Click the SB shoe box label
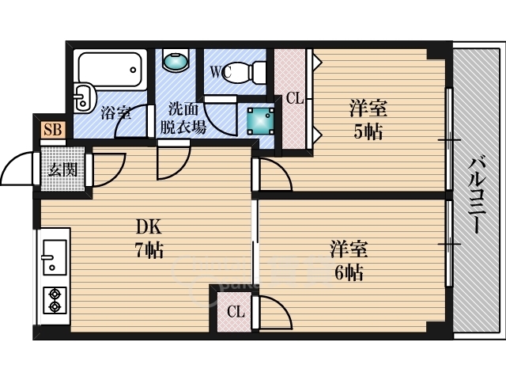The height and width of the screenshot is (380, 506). pyautogui.click(x=53, y=130)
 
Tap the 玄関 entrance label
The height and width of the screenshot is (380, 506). pyautogui.click(x=63, y=169)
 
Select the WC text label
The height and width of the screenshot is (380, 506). pyautogui.click(x=221, y=72)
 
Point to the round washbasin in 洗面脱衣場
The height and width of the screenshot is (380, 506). pyautogui.click(x=176, y=61)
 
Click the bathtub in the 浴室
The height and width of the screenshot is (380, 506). pyautogui.click(x=110, y=70)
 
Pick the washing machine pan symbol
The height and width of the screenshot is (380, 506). pyautogui.click(x=261, y=120)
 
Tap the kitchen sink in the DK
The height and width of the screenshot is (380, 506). pyautogui.click(x=55, y=257)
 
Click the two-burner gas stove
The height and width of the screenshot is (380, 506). pyautogui.click(x=55, y=300)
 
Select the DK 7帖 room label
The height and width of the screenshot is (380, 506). pyautogui.click(x=149, y=238)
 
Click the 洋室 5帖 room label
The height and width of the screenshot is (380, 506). pyautogui.click(x=368, y=120)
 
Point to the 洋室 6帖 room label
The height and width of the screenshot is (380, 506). pyautogui.click(x=349, y=260)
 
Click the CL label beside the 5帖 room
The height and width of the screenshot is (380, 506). pyautogui.click(x=295, y=98)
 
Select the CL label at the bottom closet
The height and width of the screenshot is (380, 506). pyautogui.click(x=236, y=312)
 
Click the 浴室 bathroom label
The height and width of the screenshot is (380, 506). pyautogui.click(x=116, y=113)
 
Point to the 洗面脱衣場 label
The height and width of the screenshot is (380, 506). pyautogui.click(x=183, y=118)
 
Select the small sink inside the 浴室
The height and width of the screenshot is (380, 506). pyautogui.click(x=84, y=97)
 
